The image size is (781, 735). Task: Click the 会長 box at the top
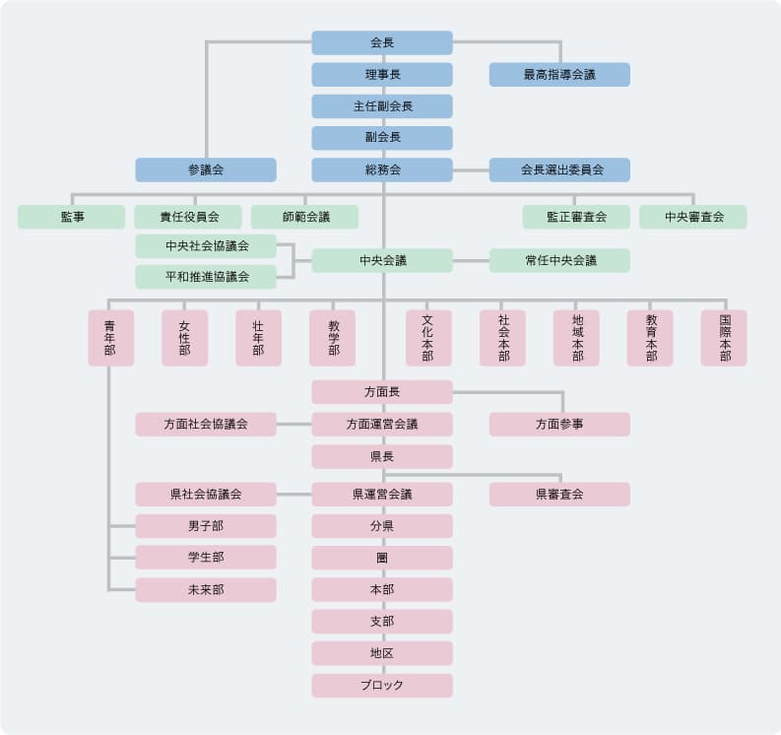tap(382, 42)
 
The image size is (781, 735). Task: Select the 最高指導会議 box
tap(559, 75)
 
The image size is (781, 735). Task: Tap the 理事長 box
tap(382, 75)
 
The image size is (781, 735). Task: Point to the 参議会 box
tap(206, 169)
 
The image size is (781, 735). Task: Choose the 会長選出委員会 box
tap(559, 169)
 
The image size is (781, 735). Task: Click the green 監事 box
tap(71, 217)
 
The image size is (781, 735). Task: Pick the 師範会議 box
tap(304, 217)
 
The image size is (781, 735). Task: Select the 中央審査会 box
tap(692, 217)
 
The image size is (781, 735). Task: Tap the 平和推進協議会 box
tap(206, 277)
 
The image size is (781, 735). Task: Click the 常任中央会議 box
tap(559, 261)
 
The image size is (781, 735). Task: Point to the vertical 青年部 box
tap(110, 338)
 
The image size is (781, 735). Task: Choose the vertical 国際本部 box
tap(724, 338)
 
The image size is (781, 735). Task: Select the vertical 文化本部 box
tap(428, 338)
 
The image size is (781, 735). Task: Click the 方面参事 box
tap(559, 425)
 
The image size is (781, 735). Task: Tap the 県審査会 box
tap(559, 495)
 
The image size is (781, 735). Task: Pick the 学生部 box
tap(206, 558)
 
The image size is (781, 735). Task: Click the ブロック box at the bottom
tap(382, 686)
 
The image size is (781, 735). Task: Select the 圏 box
tap(382, 558)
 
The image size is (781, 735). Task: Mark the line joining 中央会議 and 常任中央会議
tap(471, 261)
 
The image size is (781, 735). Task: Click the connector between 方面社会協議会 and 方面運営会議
tap(293, 425)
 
